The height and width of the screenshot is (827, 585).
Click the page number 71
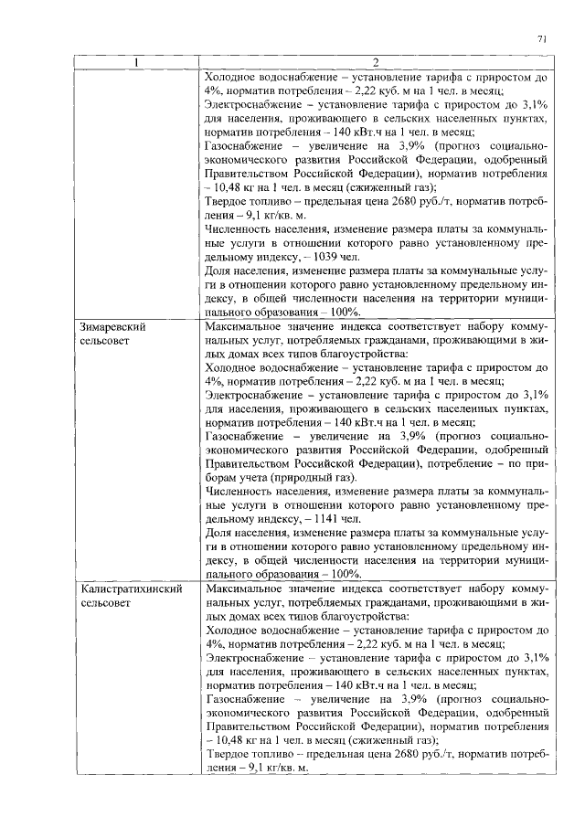542,38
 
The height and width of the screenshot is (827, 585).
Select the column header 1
135,62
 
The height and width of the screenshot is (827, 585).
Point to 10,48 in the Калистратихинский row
227,740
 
